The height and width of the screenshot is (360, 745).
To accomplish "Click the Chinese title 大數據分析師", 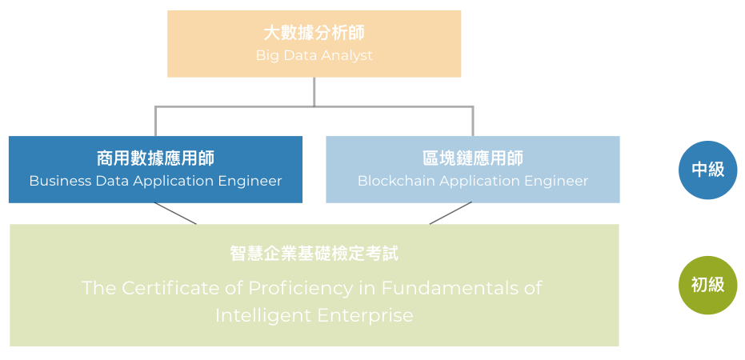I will pos(314,34).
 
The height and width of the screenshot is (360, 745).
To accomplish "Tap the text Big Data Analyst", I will pos(314,56).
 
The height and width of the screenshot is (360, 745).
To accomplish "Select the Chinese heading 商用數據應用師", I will pos(155,158).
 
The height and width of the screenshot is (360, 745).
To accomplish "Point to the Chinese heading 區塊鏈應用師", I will pos(472,158).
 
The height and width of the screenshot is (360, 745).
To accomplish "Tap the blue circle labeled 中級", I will pos(707,169).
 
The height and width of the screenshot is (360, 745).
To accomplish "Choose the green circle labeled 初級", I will pos(707,285).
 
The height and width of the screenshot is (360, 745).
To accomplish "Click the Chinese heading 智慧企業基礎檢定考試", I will pos(314,254).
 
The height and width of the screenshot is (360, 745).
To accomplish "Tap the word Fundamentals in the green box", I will pos(451,288).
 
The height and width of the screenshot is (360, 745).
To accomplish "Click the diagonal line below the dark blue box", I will pos(175,214).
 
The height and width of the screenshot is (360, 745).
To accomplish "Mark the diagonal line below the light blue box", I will pos(451,214).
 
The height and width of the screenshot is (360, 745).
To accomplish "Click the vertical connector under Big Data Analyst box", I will pos(314,91).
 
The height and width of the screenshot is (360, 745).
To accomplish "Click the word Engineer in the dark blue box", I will pos(250,181).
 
